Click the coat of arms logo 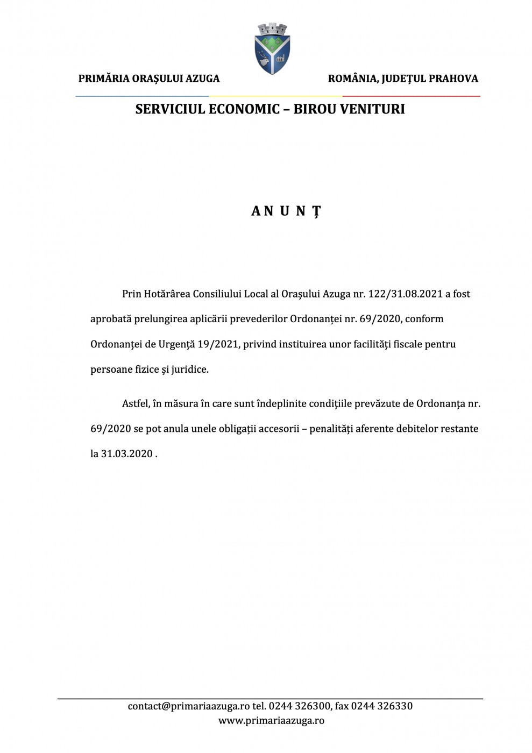point(272,49)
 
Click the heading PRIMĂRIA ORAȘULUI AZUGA point(149,79)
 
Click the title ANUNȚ point(286,211)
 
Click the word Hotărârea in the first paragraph point(167,294)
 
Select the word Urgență point(176,344)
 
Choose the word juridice point(189,370)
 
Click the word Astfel point(135,403)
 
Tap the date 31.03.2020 point(127,454)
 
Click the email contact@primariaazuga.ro point(188,706)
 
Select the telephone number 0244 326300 point(299,706)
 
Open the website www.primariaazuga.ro point(271,721)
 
